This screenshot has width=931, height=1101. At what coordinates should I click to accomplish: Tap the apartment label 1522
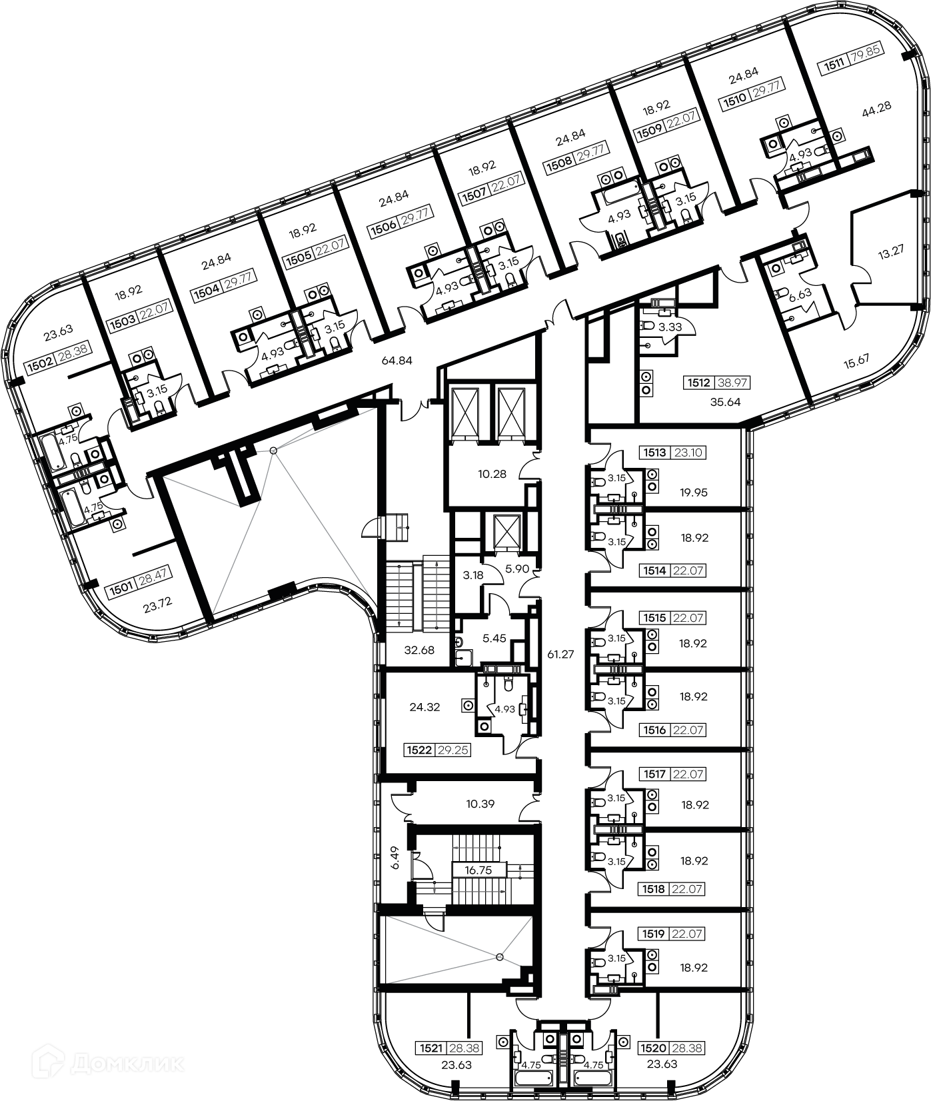(x=419, y=750)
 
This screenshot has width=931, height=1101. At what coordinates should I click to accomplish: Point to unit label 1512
(x=698, y=383)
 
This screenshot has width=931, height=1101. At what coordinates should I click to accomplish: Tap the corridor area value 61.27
(x=560, y=654)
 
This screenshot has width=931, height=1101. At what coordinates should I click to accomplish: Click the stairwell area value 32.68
(x=420, y=650)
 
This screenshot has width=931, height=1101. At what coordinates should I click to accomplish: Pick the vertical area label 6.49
(x=396, y=858)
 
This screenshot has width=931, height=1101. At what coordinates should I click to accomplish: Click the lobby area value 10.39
(x=480, y=804)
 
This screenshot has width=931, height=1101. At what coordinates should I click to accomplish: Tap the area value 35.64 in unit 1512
(x=725, y=402)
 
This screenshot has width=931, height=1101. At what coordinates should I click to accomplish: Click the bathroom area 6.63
(x=800, y=293)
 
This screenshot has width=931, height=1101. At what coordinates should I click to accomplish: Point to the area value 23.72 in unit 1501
(x=158, y=607)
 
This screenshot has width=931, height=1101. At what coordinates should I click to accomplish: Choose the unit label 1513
(x=654, y=453)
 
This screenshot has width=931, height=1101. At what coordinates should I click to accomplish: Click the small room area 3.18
(x=474, y=574)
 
